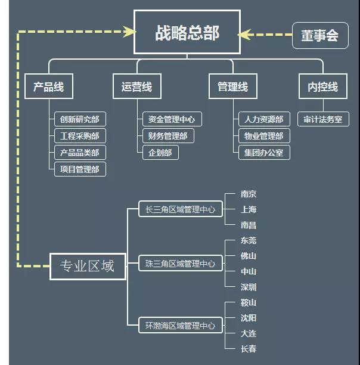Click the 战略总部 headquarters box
pyautogui.click(x=187, y=33)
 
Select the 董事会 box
pyautogui.click(x=319, y=36)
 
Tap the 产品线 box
pyautogui.click(x=48, y=87)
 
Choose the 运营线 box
pyautogui.click(x=136, y=87)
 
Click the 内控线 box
pyautogui.click(x=322, y=87)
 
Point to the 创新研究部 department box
pyautogui.click(x=80, y=119)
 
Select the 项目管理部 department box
pyautogui.click(x=80, y=169)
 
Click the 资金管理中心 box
pyautogui.click(x=172, y=119)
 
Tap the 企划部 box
pyautogui.click(x=160, y=152)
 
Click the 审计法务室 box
pyautogui.click(x=322, y=119)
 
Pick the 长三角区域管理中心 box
pyautogui.click(x=180, y=209)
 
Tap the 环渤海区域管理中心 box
pyautogui.click(x=180, y=326)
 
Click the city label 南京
pyautogui.click(x=249, y=194)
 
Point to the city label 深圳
pyautogui.click(x=249, y=287)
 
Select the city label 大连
pyautogui.click(x=249, y=333)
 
